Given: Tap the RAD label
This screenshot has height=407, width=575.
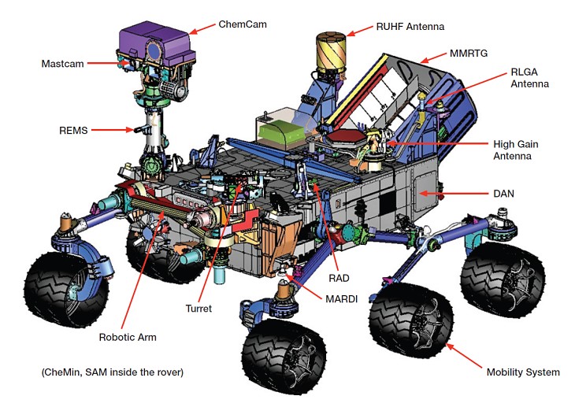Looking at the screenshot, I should click(340, 278).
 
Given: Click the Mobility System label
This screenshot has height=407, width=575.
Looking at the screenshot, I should click(522, 372).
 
